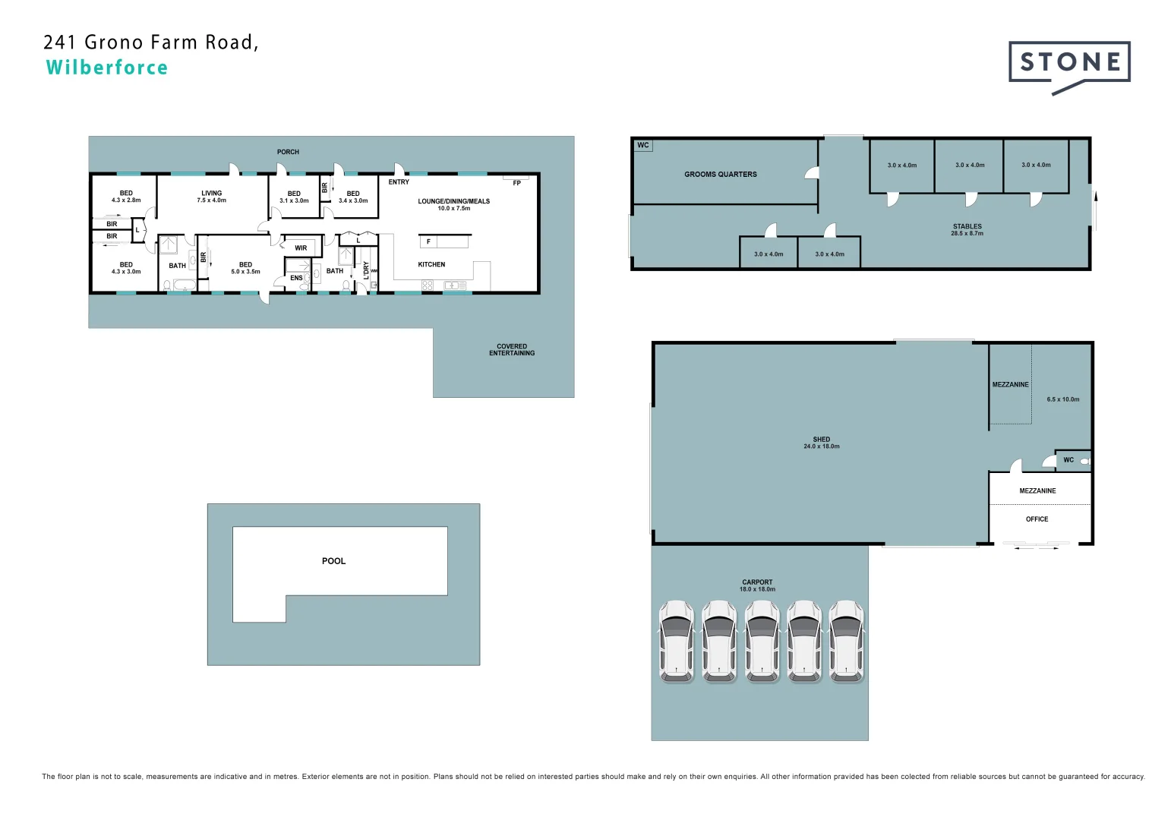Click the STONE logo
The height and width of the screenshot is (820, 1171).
tap(1069, 63)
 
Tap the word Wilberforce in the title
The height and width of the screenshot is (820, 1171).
tap(107, 68)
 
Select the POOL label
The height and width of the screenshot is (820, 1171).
tap(333, 561)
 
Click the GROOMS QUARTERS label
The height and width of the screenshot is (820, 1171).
tap(720, 175)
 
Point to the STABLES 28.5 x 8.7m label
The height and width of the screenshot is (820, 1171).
tap(967, 230)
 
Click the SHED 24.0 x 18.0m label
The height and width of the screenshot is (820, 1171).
tap(821, 443)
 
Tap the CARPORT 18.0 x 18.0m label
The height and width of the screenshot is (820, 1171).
tap(757, 585)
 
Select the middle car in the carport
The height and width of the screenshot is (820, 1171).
tap(762, 642)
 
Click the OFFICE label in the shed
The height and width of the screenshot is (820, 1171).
tap(1037, 519)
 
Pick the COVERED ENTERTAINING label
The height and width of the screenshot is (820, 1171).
tap(511, 349)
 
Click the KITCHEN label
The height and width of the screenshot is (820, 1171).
tap(431, 264)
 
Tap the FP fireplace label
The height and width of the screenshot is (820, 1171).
tap(516, 183)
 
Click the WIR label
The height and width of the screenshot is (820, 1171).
tap(301, 248)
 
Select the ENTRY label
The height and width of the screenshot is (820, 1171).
tap(399, 182)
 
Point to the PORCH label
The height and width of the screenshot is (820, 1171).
tap(288, 152)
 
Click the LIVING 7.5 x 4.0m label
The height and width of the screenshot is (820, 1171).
tap(211, 197)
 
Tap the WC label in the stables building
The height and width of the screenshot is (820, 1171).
tap(643, 145)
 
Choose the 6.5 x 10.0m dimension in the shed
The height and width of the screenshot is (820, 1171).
tap(1062, 399)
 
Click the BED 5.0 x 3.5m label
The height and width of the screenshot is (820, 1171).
tap(245, 268)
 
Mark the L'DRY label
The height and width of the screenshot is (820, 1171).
tap(366, 270)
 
